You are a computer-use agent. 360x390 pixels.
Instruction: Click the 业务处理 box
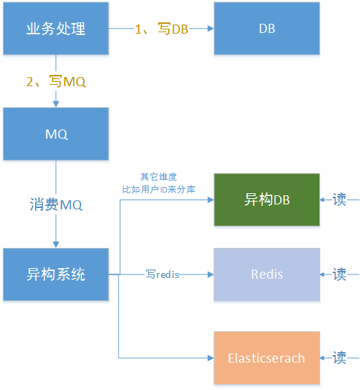56,29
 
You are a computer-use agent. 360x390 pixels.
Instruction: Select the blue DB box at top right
266,29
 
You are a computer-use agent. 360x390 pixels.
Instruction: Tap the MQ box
56,134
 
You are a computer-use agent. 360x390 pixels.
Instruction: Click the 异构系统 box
56,274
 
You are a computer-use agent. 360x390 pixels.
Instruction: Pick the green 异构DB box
266,200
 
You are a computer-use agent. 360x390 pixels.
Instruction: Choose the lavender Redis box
266,274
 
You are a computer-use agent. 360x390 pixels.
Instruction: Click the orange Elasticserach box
266,358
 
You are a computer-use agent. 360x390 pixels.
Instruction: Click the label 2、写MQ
56,82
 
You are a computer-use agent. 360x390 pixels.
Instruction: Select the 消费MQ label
56,204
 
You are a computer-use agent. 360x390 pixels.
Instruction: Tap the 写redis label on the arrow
162,274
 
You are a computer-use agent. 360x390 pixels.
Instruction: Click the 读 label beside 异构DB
340,200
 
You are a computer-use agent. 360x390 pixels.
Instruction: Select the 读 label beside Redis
340,274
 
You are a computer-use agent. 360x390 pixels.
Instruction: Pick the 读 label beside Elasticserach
340,358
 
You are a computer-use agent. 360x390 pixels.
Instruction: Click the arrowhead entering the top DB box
209,29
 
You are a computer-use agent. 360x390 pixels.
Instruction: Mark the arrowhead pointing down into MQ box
56,103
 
